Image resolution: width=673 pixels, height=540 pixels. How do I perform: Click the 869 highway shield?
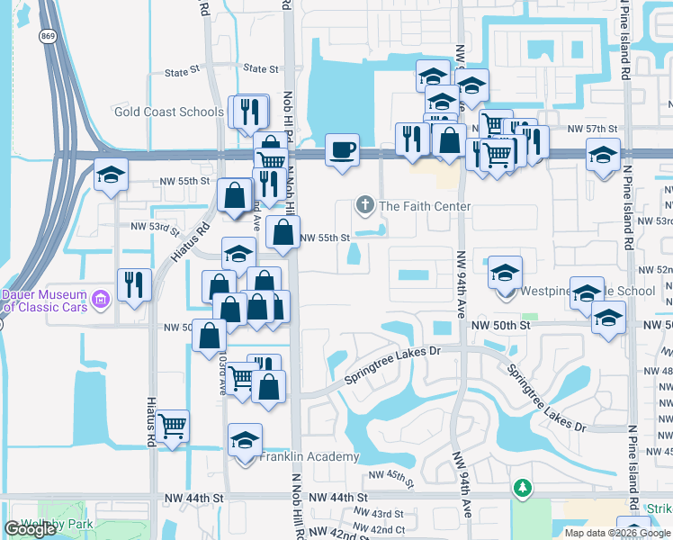click(x=47, y=35)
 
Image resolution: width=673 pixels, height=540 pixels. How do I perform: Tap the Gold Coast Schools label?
click(x=169, y=112)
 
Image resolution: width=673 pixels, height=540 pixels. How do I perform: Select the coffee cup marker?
click(x=342, y=149)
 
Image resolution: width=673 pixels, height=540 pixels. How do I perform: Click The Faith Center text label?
click(x=425, y=207)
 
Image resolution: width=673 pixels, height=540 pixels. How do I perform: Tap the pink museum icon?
click(x=101, y=297)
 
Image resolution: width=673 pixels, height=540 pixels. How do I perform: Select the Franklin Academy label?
click(x=310, y=456)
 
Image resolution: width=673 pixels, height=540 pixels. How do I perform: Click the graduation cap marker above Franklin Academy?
click(x=245, y=440)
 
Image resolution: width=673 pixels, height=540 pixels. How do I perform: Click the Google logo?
click(x=31, y=529)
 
